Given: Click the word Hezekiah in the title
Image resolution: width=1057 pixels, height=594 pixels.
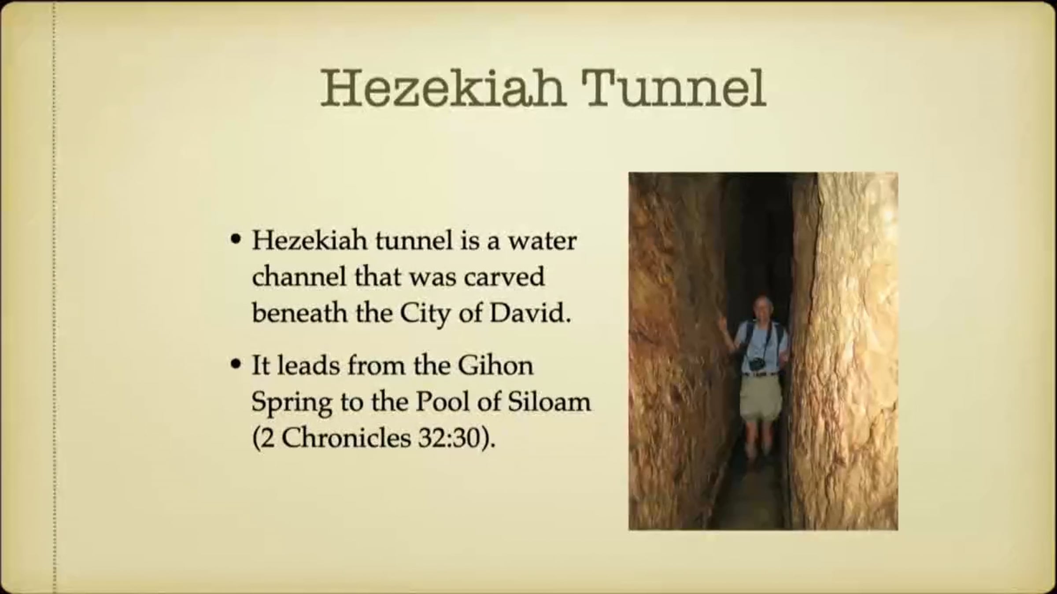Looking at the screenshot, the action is [443, 88].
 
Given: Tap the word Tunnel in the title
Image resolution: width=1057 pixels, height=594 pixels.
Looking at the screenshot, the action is [674, 88].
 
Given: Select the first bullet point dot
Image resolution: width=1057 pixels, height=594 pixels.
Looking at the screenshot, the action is [237, 240].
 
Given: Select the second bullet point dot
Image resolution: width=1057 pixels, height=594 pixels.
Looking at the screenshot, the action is [237, 364].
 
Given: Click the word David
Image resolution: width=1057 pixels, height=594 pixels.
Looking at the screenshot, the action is [530, 313].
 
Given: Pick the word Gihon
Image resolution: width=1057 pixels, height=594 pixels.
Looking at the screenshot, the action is [495, 365].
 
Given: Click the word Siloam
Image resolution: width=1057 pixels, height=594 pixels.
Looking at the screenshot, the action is [549, 402].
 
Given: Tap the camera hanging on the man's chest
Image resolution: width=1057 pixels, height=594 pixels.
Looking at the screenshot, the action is [757, 363].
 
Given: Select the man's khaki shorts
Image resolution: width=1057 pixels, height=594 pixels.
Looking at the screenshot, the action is [761, 398].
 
